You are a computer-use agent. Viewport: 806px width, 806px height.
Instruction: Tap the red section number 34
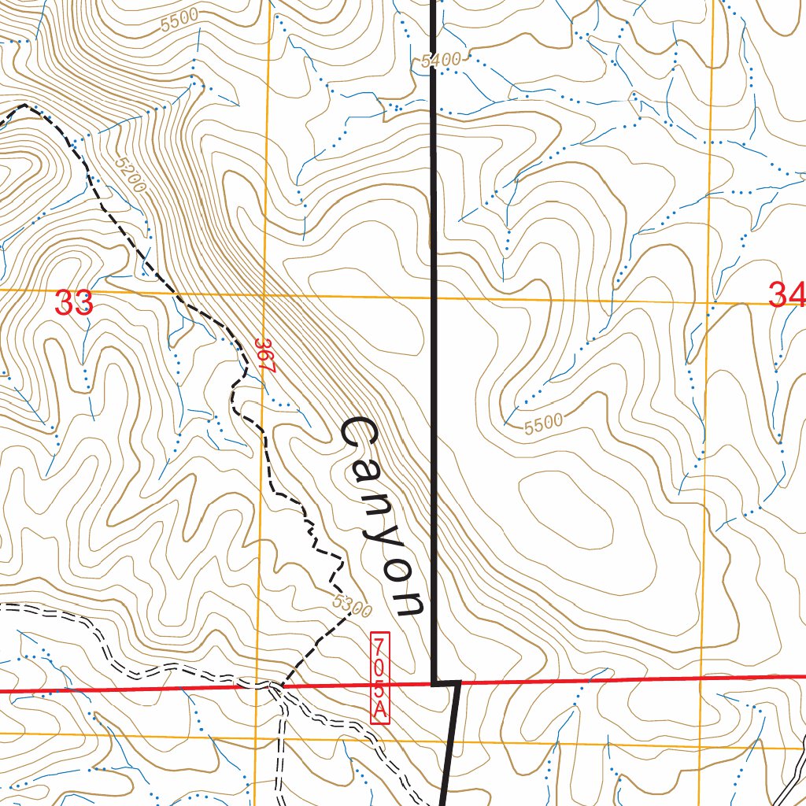point(786,296)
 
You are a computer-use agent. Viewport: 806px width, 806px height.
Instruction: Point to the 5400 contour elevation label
point(439,61)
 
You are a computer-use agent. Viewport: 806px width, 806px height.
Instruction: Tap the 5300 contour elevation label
point(353,606)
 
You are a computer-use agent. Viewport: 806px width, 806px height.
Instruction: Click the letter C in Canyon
point(360,437)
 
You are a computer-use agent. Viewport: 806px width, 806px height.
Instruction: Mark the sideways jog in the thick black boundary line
point(446,683)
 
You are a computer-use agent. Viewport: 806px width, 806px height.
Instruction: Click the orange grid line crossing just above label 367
point(263,296)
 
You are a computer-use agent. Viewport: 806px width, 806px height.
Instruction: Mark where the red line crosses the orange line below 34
point(703,677)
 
